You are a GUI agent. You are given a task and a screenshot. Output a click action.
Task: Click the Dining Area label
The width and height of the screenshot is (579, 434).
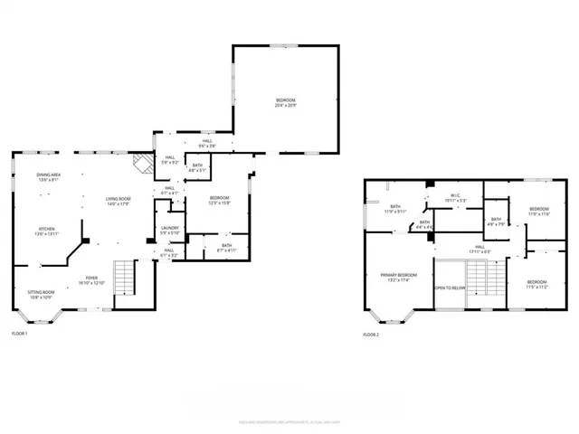48,177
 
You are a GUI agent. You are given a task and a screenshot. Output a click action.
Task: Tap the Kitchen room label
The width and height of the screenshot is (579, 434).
47,231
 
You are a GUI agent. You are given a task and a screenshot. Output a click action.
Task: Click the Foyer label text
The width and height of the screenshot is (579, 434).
91,280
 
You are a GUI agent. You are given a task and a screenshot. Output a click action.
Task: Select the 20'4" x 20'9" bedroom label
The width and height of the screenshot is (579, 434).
286,102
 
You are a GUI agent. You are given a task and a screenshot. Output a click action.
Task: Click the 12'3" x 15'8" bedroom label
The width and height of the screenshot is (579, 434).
220,200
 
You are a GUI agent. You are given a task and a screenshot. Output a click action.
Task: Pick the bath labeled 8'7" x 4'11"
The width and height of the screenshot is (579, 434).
226,247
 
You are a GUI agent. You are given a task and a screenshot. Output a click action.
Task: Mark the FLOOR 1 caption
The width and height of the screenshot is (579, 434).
19,335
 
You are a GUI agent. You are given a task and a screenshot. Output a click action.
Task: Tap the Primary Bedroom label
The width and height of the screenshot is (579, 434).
398,277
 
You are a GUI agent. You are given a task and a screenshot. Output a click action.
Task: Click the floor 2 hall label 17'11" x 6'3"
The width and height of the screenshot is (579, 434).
480,250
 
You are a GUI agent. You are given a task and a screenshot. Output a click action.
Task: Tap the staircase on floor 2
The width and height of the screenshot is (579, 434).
484,276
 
